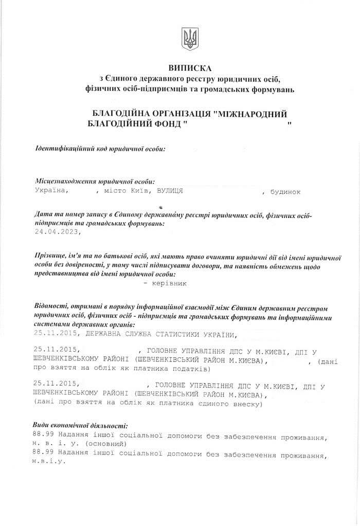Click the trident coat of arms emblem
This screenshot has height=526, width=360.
pyautogui.click(x=190, y=39)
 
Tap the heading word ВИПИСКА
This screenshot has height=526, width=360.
pyautogui.click(x=189, y=68)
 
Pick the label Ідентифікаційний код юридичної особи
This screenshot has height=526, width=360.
pyautogui.click(x=100, y=149)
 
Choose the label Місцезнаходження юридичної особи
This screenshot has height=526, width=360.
pyautogui.click(x=95, y=182)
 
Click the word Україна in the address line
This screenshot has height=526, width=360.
pyautogui.click(x=51, y=191)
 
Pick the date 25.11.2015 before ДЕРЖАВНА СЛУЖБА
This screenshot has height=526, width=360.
pyautogui.click(x=56, y=336)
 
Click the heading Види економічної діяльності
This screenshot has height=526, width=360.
pyautogui.click(x=79, y=426)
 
